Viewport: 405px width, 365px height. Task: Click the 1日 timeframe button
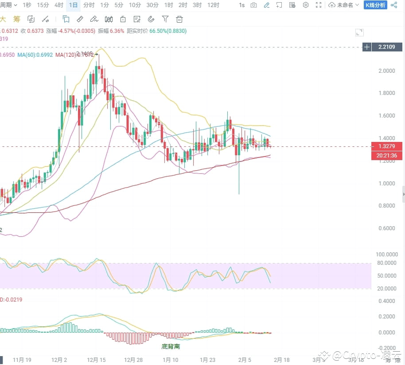(74, 5)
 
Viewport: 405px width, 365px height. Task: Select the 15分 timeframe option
(43, 5)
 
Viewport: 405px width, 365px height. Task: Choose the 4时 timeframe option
(58, 5)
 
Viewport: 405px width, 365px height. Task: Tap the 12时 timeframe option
(213, 5)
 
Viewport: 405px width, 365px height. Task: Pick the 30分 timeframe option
(152, 5)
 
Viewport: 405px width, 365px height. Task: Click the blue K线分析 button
(375, 5)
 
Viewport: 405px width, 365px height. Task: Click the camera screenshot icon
(253, 5)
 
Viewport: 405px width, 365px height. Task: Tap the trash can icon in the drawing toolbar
(179, 19)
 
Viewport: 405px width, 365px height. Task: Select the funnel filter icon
(165, 19)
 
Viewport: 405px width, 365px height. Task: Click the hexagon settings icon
(306, 5)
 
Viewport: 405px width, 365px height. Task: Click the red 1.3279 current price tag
(387, 146)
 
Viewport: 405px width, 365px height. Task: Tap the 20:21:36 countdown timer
(387, 155)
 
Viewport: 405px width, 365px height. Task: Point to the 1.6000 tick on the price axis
(387, 116)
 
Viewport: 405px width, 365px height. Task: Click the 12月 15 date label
(97, 360)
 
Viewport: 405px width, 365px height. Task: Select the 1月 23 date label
(207, 360)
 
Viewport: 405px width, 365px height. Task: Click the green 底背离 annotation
(171, 346)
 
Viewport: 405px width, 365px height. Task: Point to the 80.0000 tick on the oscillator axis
(386, 263)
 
